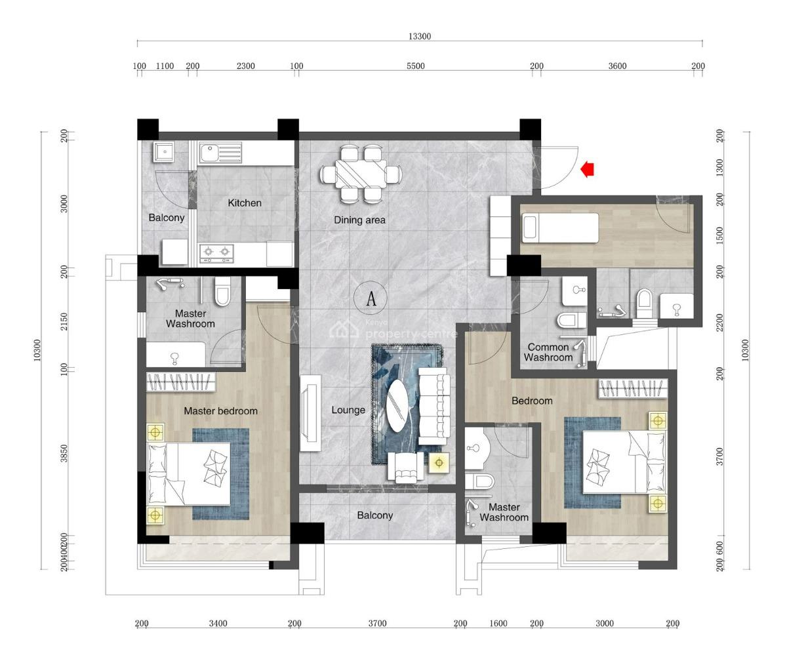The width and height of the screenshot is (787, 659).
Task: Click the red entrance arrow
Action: (588, 170)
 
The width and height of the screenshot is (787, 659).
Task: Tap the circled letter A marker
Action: (371, 299)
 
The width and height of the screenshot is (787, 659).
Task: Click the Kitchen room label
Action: (245, 203)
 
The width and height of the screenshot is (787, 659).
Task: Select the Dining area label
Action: (359, 220)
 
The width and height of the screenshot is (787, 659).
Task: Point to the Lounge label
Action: (348, 410)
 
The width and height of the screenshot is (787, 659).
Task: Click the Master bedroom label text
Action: (220, 411)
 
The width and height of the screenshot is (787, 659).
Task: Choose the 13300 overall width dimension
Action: (420, 37)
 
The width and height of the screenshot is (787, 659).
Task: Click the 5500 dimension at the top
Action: (415, 66)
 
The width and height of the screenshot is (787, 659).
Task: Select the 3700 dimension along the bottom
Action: (377, 624)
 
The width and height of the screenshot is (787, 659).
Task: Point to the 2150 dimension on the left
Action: (64, 321)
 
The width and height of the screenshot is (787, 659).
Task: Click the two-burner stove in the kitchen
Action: (217, 251)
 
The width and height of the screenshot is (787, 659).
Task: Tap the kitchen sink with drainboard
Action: (220, 153)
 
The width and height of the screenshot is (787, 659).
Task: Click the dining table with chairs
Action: (361, 174)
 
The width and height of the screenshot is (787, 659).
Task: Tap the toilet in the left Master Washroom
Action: (223, 292)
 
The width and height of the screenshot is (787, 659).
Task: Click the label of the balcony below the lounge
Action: (374, 515)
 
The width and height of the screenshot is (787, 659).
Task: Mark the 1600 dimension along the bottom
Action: (498, 624)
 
